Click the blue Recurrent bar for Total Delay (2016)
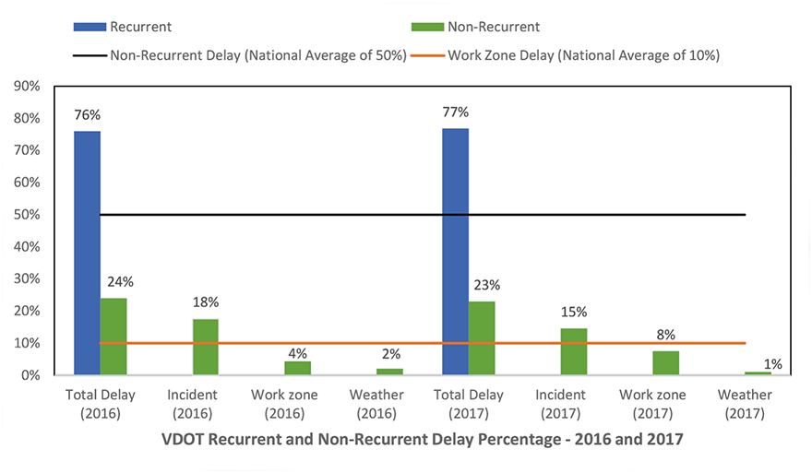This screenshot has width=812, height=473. point(87,253)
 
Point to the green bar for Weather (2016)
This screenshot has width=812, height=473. point(389,372)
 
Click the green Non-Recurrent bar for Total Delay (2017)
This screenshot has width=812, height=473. point(482,337)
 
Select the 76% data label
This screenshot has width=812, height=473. point(87,115)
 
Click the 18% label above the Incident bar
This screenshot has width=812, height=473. point(206,302)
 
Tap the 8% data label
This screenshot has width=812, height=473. point(666,334)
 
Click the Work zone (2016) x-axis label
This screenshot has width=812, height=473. point(297,404)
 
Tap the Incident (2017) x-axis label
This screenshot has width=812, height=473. point(573,404)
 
